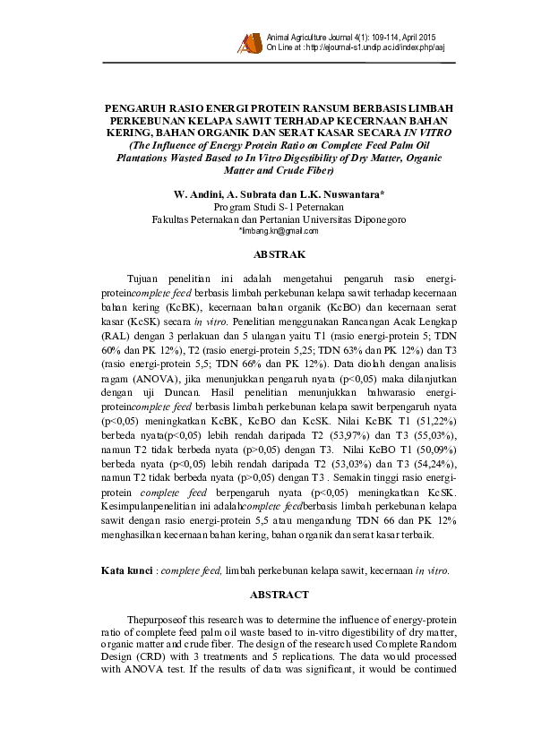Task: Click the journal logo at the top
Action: click(x=247, y=41)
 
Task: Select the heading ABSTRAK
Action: click(x=268, y=254)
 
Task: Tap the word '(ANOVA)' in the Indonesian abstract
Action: click(x=152, y=379)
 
